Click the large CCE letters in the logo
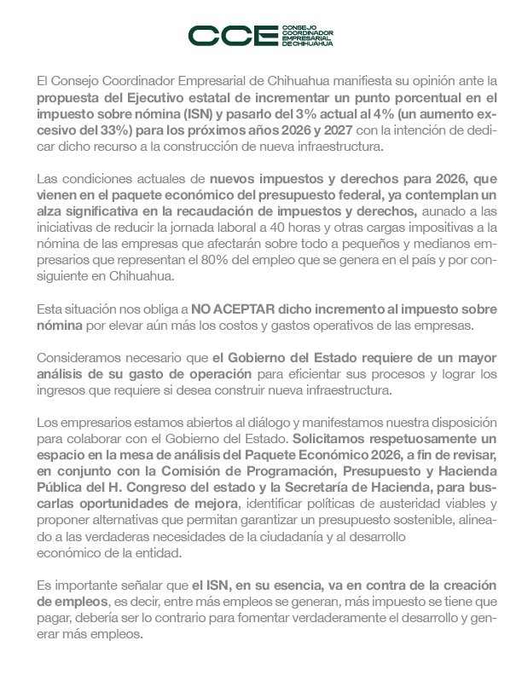pyautogui.click(x=227, y=36)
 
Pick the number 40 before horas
pyautogui.click(x=276, y=228)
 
